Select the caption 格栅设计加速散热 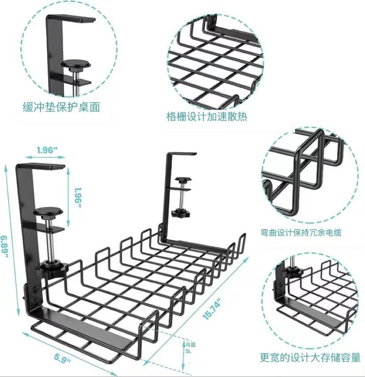pos(207,117)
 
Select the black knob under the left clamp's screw pos(53,267)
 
